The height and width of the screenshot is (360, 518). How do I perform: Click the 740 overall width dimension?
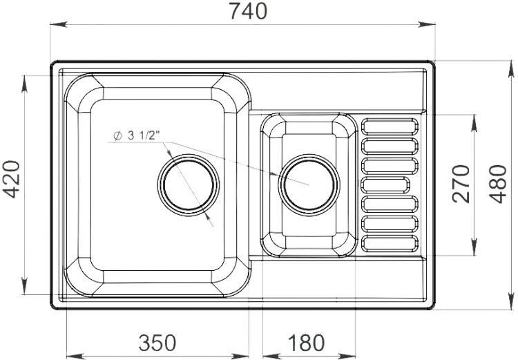(248, 11)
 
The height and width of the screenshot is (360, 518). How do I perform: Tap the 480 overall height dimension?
(498, 184)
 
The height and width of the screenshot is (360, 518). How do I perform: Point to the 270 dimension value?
(461, 184)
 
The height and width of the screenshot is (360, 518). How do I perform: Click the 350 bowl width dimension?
(157, 343)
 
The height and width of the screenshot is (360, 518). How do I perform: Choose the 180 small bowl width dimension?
(306, 343)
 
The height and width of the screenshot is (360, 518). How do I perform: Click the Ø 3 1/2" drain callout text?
(136, 135)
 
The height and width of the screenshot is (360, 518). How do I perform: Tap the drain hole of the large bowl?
(188, 184)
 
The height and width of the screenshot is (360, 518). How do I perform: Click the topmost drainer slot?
(390, 126)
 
